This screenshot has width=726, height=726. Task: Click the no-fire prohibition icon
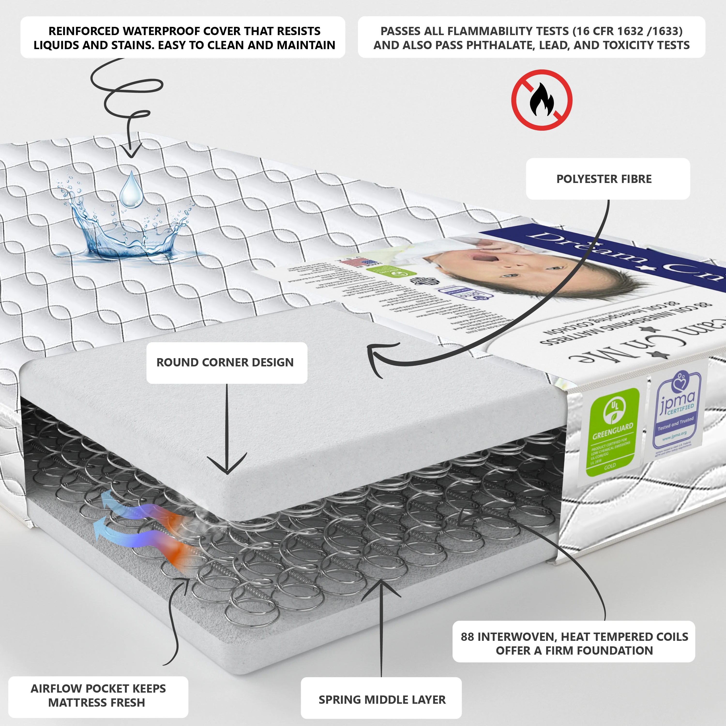[542, 100]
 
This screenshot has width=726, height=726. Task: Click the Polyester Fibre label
[604, 179]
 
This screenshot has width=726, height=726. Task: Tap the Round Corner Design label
[225, 363]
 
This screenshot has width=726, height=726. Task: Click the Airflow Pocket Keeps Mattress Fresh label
[98, 696]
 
